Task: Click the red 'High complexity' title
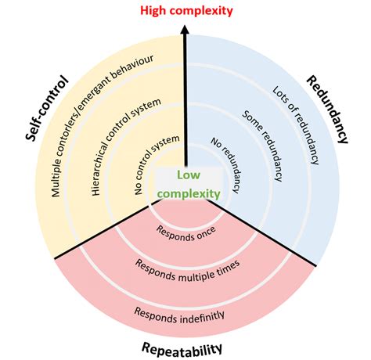coord(186,10)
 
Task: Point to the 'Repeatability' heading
coord(185,348)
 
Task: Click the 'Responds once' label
coord(186,232)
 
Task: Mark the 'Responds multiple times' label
coord(186,269)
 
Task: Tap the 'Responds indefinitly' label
coord(186,314)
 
